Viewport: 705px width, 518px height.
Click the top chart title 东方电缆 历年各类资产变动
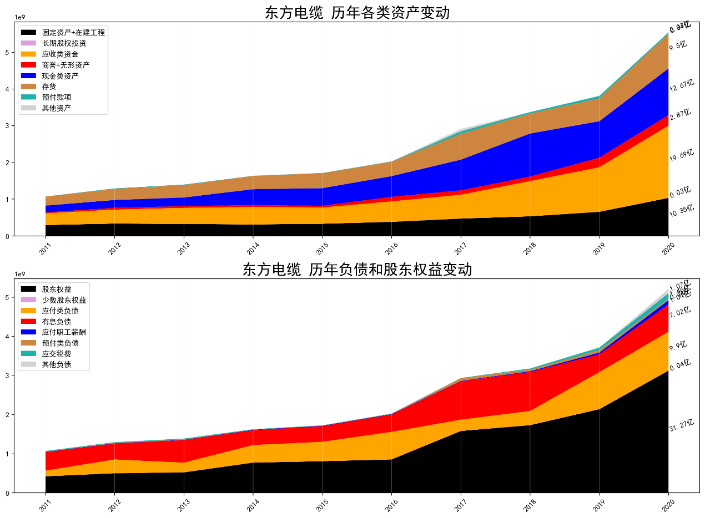point(357,12)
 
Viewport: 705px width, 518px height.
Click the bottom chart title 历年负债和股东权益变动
point(357,270)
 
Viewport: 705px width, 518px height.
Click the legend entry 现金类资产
point(60,76)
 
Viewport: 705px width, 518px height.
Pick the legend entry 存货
point(49,87)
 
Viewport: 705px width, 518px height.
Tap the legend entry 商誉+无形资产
point(66,65)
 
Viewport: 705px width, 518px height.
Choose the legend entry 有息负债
point(56,322)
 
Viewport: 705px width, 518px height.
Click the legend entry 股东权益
point(56,290)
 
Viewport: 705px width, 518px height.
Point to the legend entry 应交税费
point(56,354)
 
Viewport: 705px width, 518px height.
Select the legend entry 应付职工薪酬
point(64,332)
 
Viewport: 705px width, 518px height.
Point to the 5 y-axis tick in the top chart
point(8,52)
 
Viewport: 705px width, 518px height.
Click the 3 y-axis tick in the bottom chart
point(8,375)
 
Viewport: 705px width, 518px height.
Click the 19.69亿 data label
point(681,155)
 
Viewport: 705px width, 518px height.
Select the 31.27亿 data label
point(681,425)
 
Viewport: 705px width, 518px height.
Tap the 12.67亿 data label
point(681,85)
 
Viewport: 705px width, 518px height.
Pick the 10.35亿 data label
point(681,210)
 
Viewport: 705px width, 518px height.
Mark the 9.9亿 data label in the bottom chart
point(679,346)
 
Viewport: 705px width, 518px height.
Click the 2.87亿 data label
point(680,114)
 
